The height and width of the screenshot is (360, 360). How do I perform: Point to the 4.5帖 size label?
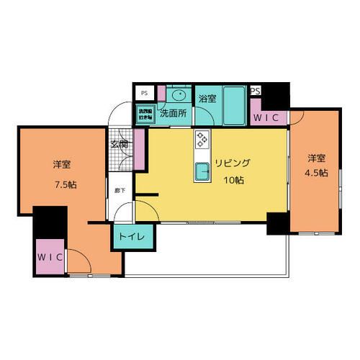(318, 174)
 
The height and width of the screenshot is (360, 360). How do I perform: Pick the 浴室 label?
(207, 99)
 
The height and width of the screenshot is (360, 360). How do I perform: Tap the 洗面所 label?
(174, 113)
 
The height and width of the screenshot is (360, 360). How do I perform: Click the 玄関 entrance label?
(120, 144)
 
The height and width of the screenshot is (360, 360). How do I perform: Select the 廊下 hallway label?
(120, 192)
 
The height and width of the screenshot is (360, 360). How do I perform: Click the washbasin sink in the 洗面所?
(179, 95)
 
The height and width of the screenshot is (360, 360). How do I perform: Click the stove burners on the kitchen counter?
(202, 139)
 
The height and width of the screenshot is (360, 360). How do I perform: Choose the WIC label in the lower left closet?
(50, 256)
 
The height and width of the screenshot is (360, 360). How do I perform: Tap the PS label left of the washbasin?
(144, 93)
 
